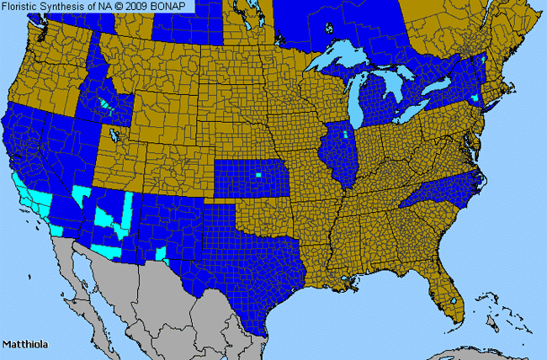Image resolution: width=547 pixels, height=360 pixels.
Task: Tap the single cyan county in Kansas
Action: [x=258, y=175]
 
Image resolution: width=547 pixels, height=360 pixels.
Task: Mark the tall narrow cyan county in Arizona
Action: [x=129, y=210]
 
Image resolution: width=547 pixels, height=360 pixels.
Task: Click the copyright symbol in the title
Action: [x=123, y=6]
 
